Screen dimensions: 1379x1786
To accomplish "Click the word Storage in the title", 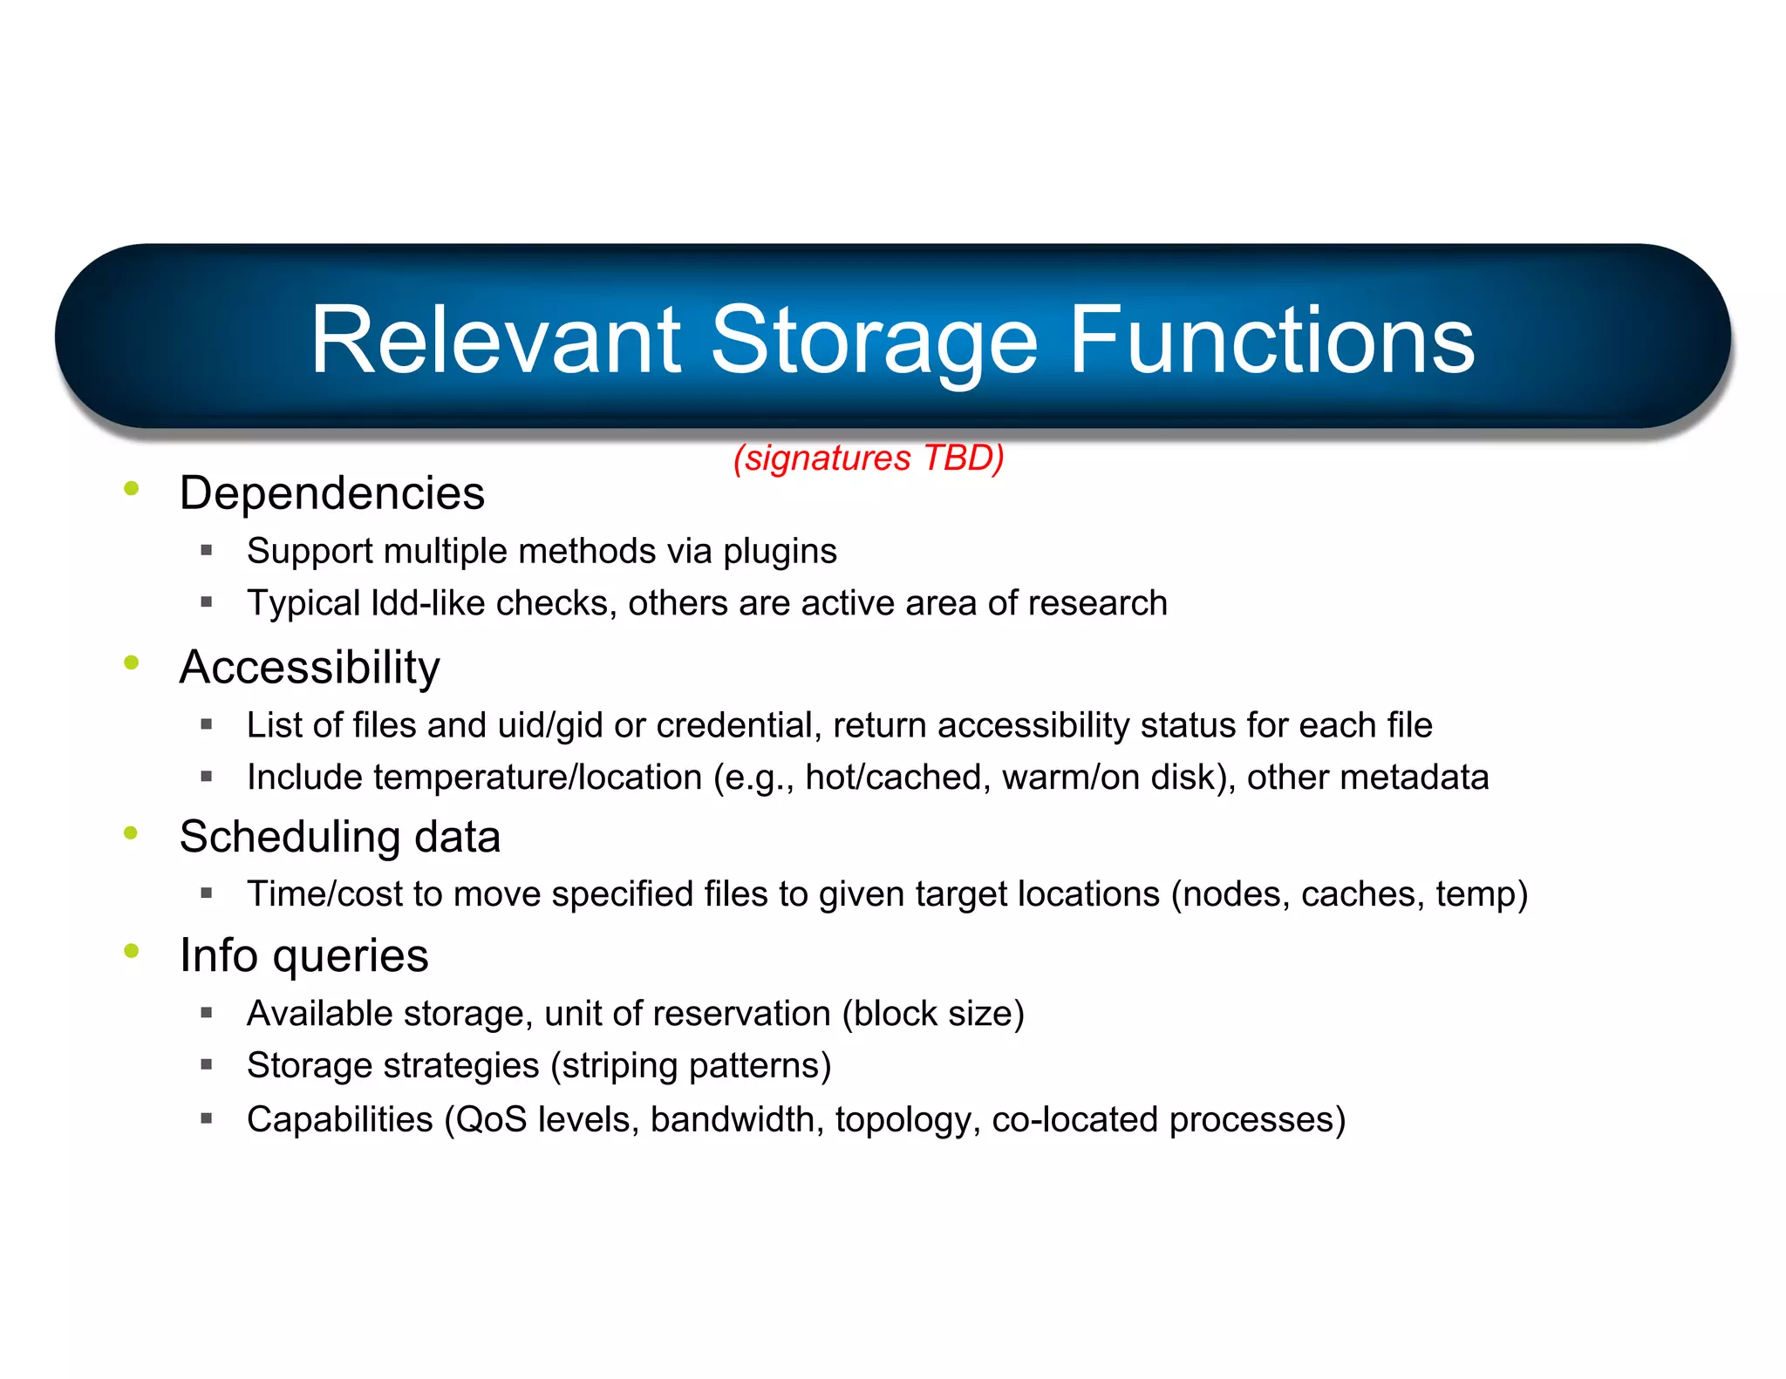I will [x=874, y=342].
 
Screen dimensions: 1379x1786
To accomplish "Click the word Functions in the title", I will [x=1271, y=342].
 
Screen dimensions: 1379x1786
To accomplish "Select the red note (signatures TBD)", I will [x=869, y=458].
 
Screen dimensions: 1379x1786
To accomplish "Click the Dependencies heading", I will [x=331, y=493].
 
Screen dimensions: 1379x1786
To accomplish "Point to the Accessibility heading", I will [x=310, y=668].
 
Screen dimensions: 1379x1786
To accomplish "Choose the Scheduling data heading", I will [x=339, y=837].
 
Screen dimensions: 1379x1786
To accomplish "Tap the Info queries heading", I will [x=303, y=955].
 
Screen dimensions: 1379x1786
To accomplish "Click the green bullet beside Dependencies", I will [x=132, y=488].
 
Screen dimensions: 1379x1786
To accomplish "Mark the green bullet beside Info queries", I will [x=132, y=951].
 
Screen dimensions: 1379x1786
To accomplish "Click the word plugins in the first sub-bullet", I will [x=780, y=552].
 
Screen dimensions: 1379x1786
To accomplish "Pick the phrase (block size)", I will [x=932, y=1014].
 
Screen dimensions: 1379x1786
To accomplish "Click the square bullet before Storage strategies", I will [x=207, y=1064].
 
